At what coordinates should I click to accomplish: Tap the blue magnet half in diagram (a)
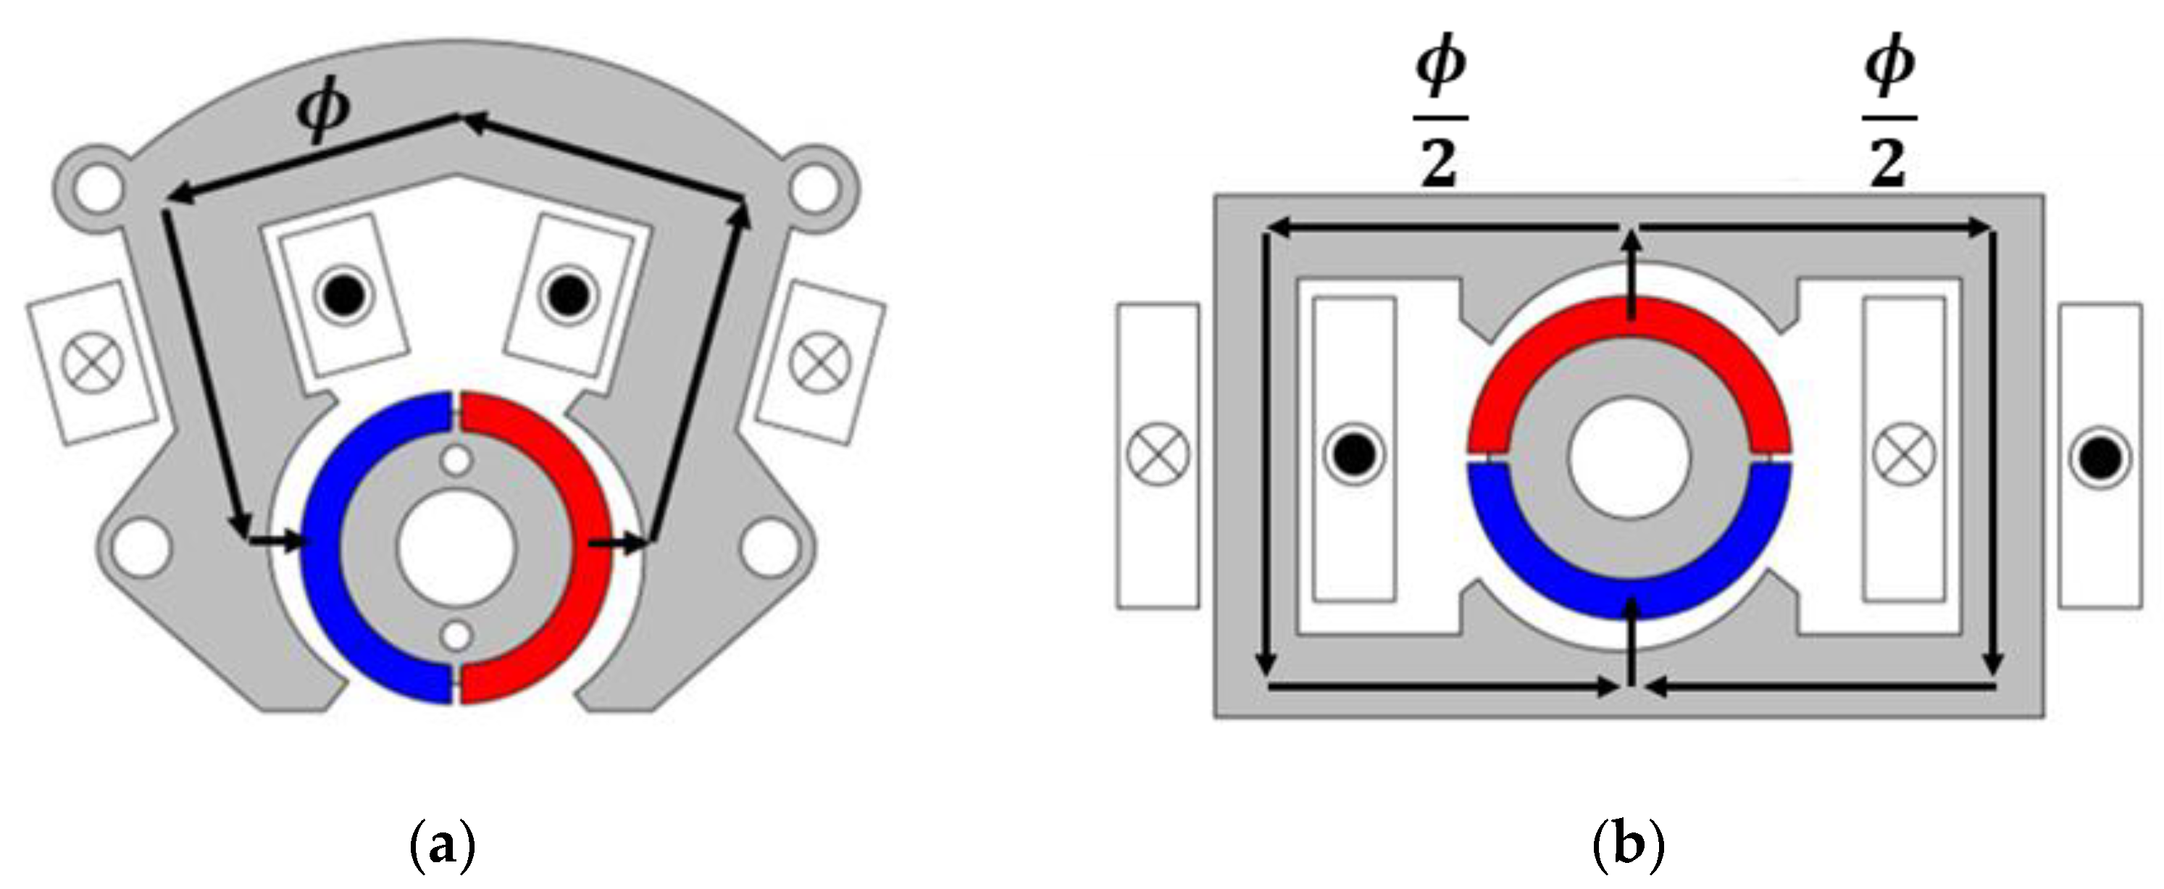coord(323,546)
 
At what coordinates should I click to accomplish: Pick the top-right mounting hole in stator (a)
coord(815,189)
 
